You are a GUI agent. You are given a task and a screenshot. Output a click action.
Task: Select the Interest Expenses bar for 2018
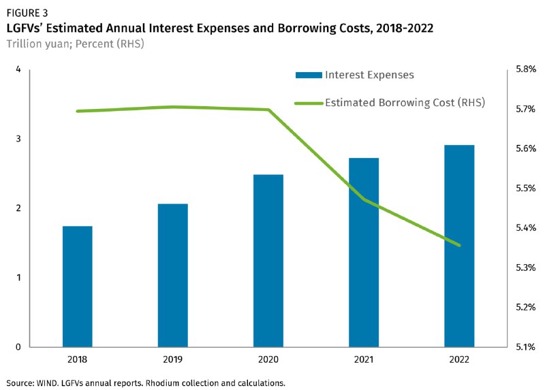tap(78, 286)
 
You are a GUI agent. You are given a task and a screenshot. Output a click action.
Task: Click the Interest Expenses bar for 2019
tap(173, 275)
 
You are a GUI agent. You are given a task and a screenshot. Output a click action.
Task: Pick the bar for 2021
tap(364, 252)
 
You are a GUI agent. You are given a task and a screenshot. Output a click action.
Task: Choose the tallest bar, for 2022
tap(459, 246)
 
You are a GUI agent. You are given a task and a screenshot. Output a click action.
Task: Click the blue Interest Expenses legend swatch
tap(307, 75)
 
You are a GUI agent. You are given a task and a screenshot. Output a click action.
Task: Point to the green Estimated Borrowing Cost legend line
tap(307, 103)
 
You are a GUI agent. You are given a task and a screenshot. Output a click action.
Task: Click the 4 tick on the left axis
tap(18, 69)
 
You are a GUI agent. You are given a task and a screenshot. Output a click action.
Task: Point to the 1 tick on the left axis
tap(18, 278)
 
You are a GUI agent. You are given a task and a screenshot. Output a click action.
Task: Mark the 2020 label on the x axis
tap(268, 359)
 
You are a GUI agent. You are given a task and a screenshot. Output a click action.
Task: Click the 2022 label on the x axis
tap(459, 359)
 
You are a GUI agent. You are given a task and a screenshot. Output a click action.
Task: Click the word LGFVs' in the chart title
tap(28, 28)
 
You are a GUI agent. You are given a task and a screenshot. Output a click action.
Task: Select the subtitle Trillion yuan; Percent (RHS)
tap(75, 44)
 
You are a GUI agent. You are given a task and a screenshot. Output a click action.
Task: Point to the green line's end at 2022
tap(460, 245)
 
